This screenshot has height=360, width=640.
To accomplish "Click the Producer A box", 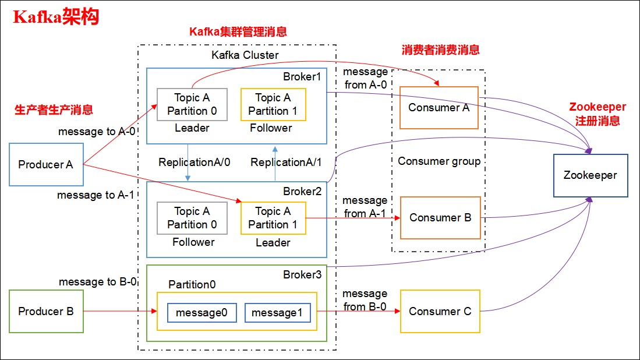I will pos(46,165).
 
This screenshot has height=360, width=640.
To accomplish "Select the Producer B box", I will pos(46,312).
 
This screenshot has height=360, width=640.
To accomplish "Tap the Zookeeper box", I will pos(590,175).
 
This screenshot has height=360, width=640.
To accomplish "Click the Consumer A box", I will pos(439,108).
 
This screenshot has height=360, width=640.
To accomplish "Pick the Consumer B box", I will pos(440,218).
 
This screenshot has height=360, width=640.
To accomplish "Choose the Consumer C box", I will pos(440,312).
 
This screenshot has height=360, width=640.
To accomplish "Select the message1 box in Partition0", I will pos(277,313).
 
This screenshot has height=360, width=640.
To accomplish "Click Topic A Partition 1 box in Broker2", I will pos(273,218).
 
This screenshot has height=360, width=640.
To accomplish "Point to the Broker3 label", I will pos(302,274).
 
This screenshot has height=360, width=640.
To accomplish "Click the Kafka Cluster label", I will pos(245,55).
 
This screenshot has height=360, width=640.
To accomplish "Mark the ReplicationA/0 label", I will pos(194,163).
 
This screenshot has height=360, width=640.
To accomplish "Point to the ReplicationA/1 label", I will pos(286,163).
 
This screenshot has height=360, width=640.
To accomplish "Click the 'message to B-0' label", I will pos(98,282).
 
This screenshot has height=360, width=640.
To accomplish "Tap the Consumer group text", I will pos(439,161).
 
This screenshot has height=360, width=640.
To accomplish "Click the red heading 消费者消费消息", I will pos(440,50).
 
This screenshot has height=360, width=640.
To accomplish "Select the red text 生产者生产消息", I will pos(54,110).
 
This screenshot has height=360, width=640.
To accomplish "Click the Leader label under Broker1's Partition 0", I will pos(192,128).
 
